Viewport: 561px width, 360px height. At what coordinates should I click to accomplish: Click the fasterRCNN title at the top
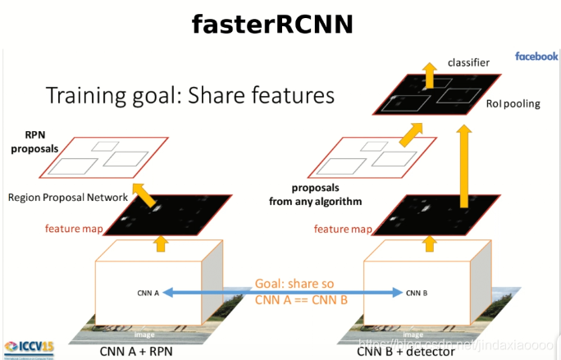[271, 24]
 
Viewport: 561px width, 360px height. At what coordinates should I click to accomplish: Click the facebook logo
[536, 57]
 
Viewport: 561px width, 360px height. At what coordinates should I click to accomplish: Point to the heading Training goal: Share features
[190, 95]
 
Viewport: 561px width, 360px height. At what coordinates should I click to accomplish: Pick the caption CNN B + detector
[406, 351]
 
